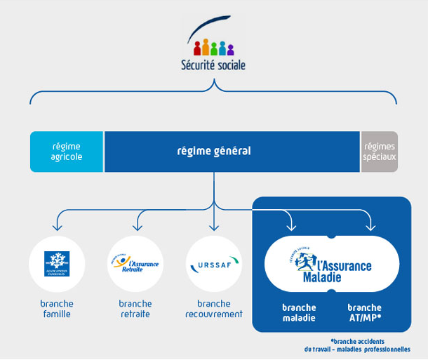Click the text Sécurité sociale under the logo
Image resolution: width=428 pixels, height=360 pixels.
pyautogui.click(x=213, y=66)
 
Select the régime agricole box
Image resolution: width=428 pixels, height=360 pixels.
pyautogui.click(x=67, y=152)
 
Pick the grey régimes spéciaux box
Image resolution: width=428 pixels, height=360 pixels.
pyautogui.click(x=379, y=152)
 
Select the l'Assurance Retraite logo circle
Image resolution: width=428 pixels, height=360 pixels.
pyautogui.click(x=135, y=264)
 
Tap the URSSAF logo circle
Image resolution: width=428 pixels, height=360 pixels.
pyautogui.click(x=213, y=265)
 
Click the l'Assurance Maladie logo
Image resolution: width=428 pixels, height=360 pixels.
pyautogui.click(x=332, y=265)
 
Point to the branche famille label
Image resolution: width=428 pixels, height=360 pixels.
pyautogui.click(x=57, y=309)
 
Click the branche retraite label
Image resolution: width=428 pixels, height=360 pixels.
pyautogui.click(x=135, y=309)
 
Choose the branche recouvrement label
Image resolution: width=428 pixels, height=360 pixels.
pyautogui.click(x=213, y=309)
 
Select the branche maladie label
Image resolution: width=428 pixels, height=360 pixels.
pyautogui.click(x=299, y=312)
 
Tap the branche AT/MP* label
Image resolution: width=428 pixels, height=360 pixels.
pyautogui.click(x=365, y=312)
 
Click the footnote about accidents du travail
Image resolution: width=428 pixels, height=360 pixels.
pyautogui.click(x=357, y=345)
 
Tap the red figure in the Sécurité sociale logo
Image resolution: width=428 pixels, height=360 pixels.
pyautogui.click(x=197, y=48)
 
